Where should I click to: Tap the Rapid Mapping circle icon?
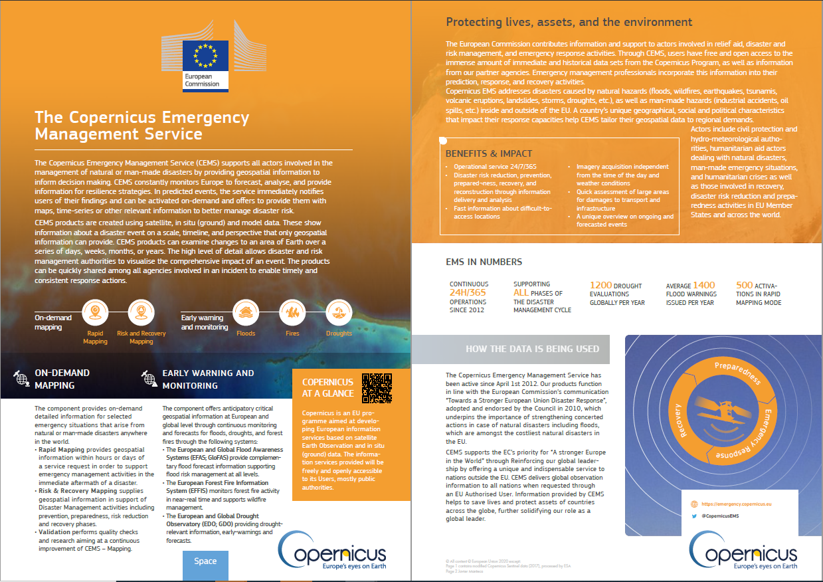pos(96,311)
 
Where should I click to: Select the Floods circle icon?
pos(246,311)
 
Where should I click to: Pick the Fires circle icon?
pos(292,311)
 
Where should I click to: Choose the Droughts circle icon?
pos(339,311)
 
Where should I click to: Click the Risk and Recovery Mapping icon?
pos(141,311)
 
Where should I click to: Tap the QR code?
pos(377,389)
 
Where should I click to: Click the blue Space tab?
pos(205,561)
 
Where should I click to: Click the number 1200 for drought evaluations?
pos(602,285)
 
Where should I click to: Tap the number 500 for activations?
pos(745,285)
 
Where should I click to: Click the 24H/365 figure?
pos(468,293)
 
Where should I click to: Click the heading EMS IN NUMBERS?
pos(484,262)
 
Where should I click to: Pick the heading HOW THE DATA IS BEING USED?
pos(532,349)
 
